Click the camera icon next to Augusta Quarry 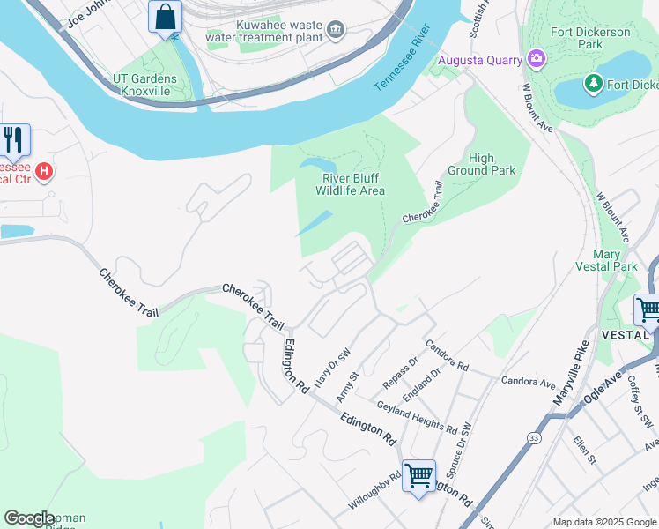537,60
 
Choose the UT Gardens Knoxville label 144,86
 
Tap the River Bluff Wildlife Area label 351,184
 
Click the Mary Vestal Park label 605,259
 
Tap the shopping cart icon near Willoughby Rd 418,475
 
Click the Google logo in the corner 29,518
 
